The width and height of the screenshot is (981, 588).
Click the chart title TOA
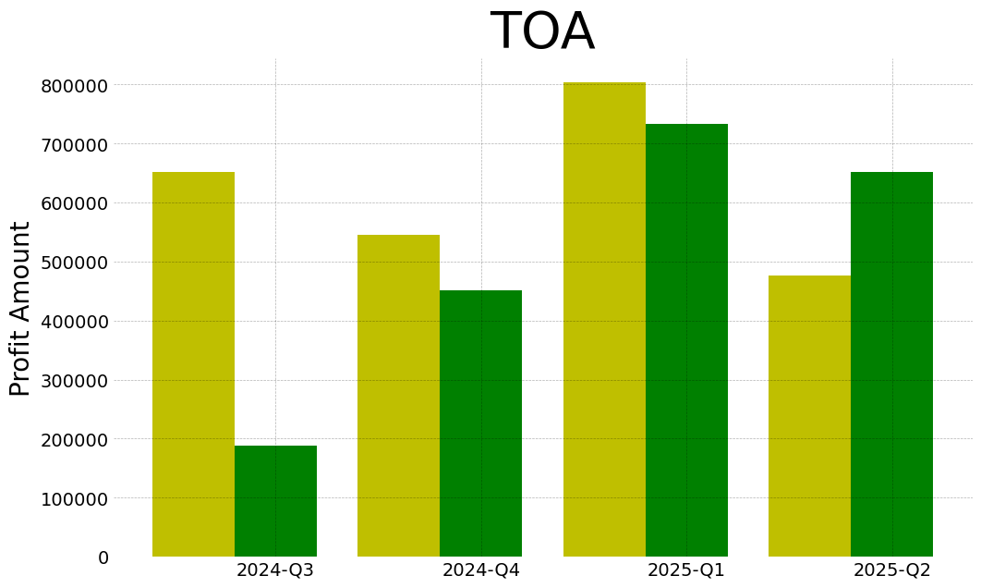[x=542, y=32]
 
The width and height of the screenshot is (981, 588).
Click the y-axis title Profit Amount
[x=20, y=308]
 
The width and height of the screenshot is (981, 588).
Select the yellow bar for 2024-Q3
[x=193, y=364]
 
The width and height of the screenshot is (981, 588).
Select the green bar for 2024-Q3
[x=275, y=501]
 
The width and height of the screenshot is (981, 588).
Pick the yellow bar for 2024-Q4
[x=398, y=396]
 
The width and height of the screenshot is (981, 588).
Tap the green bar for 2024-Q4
[x=480, y=423]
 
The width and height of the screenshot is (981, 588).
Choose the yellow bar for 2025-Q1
[x=604, y=319]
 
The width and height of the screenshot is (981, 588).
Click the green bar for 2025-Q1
[x=686, y=340]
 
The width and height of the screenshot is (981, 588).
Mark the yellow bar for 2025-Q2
[x=809, y=416]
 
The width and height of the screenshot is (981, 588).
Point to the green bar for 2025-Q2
[x=891, y=364]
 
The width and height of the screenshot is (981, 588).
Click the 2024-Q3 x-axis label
[x=275, y=570]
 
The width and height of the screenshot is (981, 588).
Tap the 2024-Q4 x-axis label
[x=480, y=570]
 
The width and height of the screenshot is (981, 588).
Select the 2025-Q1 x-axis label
[x=686, y=570]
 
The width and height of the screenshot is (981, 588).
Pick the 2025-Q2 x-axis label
[x=891, y=570]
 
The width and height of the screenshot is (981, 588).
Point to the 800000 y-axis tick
[x=74, y=86]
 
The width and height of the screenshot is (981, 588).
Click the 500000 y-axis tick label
[x=74, y=263]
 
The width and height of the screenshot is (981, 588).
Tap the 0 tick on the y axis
[x=103, y=557]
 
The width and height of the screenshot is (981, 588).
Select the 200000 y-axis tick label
[x=74, y=439]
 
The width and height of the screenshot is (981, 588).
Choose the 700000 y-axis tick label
[x=74, y=145]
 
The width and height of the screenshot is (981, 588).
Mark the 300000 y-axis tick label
[x=74, y=381]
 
